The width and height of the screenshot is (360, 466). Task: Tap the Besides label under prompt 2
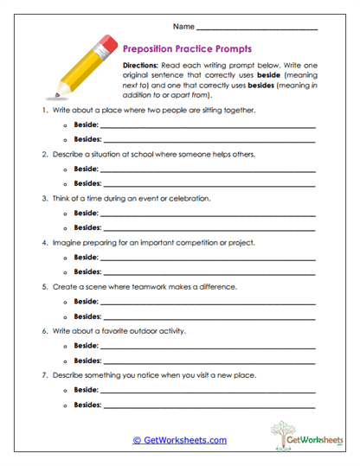pyautogui.click(x=87, y=183)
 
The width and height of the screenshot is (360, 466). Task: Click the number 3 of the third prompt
pyautogui.click(x=42, y=198)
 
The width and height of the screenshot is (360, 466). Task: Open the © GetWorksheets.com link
pyautogui.click(x=179, y=440)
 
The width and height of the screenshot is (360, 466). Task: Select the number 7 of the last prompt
pyautogui.click(x=42, y=375)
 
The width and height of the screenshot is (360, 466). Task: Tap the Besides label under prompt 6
pyautogui.click(x=87, y=360)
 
